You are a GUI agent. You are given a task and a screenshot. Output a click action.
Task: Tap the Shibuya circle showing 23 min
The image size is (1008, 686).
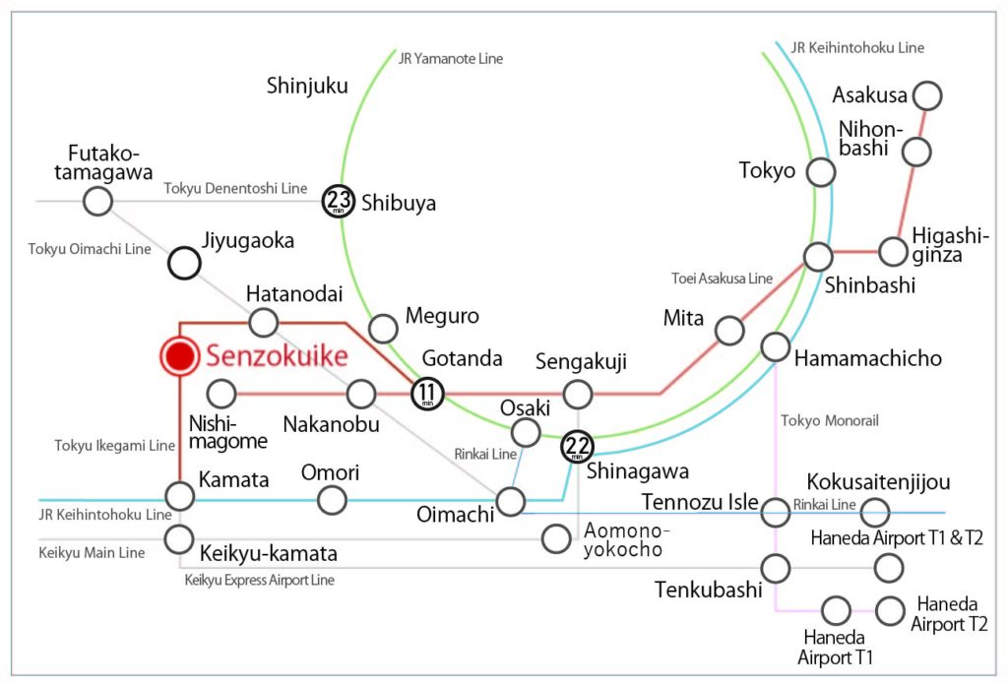point(340,202)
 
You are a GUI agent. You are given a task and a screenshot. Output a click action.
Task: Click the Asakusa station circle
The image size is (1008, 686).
point(927,95)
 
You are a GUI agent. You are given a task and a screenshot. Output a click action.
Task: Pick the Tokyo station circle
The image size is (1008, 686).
point(821,173)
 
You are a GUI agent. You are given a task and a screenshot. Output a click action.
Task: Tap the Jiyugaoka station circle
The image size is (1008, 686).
point(184,263)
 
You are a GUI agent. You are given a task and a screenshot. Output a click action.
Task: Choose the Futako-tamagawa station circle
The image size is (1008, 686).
point(96,202)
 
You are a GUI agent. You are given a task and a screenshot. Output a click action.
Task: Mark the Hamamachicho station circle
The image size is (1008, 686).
point(776,346)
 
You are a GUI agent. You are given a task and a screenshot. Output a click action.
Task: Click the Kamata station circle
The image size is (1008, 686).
point(179,495)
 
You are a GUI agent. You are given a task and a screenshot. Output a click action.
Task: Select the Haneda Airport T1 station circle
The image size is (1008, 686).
point(836,610)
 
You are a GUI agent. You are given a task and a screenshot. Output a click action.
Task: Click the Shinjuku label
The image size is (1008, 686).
point(307,87)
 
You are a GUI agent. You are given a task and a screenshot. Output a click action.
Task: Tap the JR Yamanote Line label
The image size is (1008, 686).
point(451,59)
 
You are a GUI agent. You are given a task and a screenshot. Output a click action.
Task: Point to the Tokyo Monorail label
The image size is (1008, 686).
point(829,421)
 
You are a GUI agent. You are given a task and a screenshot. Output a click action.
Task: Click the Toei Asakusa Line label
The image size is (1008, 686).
point(722,279)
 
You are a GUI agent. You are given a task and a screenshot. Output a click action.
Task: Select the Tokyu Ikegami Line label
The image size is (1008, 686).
point(114,446)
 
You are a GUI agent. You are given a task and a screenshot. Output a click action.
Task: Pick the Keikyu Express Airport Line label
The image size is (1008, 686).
point(260,580)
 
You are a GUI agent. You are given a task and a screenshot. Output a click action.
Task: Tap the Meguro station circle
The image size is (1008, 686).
point(383,329)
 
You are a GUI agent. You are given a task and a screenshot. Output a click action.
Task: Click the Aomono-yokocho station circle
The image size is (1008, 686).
point(557,537)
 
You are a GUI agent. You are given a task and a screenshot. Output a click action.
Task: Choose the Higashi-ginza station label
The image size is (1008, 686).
point(951,244)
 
